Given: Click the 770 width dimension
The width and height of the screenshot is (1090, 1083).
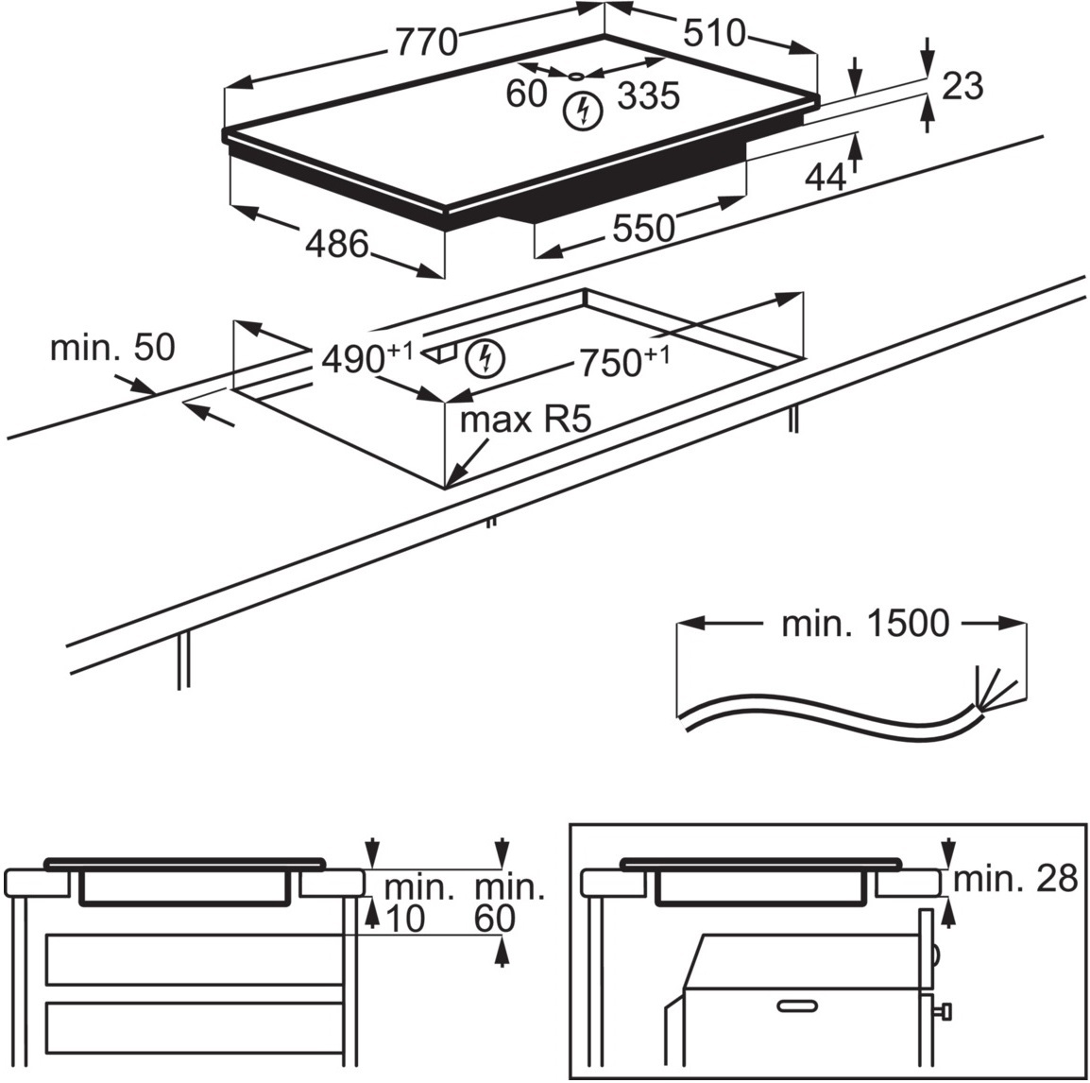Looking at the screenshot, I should click(x=426, y=43).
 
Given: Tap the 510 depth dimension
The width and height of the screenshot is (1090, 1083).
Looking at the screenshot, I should click(x=713, y=34).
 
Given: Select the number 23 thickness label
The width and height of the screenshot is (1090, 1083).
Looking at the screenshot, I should click(x=962, y=86).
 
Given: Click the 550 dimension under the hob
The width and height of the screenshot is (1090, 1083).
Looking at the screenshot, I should click(x=644, y=228).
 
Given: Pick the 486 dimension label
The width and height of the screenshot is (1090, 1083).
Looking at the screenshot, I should click(x=336, y=245).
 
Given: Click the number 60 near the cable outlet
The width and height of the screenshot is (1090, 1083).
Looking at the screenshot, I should click(x=526, y=95).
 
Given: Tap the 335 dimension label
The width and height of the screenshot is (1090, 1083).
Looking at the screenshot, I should click(x=648, y=95).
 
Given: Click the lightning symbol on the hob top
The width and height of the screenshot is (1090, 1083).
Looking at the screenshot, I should click(x=582, y=112).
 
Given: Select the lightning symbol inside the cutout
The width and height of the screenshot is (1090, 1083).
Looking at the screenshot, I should click(x=485, y=356).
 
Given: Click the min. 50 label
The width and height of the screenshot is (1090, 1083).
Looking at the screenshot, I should click(x=112, y=347).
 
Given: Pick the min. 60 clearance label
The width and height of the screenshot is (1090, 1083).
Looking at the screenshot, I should click(x=509, y=902).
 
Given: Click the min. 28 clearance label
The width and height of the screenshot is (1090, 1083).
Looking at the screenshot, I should click(x=1014, y=880).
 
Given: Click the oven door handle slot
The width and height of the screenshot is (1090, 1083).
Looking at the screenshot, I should click(x=800, y=1006).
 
